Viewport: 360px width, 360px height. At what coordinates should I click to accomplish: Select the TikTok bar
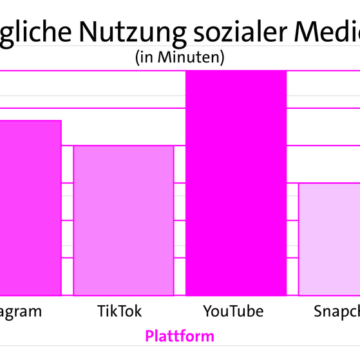coord(124,220)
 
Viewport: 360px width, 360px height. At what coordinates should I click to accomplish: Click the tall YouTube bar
coord(236,183)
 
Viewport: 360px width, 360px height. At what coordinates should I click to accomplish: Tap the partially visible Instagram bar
coord(30,207)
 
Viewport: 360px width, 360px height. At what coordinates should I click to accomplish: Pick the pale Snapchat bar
coord(329,239)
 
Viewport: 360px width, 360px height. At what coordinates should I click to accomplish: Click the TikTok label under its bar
coord(119,312)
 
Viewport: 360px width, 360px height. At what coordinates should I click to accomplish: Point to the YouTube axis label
coord(233,312)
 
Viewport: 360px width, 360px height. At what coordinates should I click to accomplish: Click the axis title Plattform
coord(180,336)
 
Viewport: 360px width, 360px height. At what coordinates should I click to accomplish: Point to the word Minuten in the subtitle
coord(189,57)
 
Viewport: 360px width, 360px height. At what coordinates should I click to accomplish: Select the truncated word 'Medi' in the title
coord(328,32)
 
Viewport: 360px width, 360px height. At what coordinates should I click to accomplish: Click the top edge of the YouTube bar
coord(236,71)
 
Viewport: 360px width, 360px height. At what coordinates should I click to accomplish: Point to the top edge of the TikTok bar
coord(124,146)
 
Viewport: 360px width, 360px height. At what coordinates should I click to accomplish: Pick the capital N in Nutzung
coord(90,31)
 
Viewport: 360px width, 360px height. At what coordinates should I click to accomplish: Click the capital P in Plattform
coord(149,336)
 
